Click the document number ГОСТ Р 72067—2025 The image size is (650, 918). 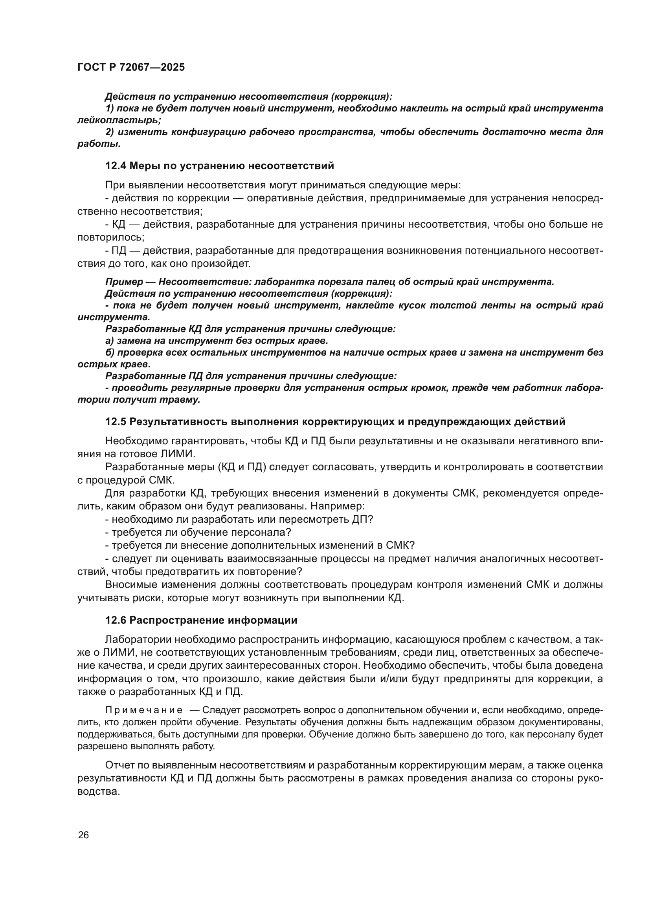pyautogui.click(x=131, y=67)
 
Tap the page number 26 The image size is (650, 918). pyautogui.click(x=83, y=835)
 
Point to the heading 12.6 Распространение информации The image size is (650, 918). pyautogui.click(x=201, y=620)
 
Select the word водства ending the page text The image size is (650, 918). pyautogui.click(x=99, y=792)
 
